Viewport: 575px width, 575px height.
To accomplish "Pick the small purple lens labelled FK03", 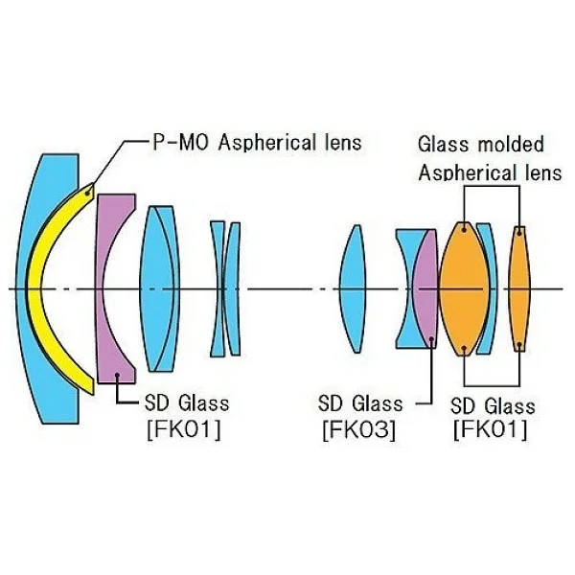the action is [425, 289].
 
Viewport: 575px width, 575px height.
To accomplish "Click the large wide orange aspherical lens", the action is [464, 288].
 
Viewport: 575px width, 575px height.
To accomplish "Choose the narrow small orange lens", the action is [519, 288].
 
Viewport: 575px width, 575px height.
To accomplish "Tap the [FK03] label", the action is [359, 429].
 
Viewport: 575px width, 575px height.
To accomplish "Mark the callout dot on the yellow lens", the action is [87, 192].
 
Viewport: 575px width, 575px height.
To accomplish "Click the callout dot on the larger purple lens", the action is [117, 375].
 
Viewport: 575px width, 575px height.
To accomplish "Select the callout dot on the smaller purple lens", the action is [431, 339].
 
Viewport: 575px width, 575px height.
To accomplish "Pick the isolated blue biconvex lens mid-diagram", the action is [353, 288].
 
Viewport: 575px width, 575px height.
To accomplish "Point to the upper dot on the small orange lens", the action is [519, 231].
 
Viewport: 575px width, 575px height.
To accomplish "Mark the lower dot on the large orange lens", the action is [464, 348].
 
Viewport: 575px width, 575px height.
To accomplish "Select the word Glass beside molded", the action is [444, 144].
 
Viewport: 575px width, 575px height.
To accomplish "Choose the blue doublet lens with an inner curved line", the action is [159, 288].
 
